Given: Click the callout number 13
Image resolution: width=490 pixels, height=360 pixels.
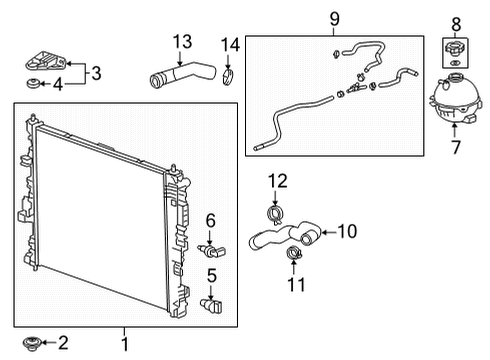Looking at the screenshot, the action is tap(182, 42).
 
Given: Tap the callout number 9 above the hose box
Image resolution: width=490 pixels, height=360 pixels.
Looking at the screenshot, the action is tap(334, 19).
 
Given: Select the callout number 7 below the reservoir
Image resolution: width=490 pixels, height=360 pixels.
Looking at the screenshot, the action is tap(456, 147).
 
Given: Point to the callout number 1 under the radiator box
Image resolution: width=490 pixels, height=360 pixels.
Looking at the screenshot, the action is tap(125, 344).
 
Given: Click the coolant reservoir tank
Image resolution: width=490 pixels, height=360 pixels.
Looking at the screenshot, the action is tap(455, 99).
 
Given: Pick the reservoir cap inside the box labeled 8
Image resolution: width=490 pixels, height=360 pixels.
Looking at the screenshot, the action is tap(454, 49).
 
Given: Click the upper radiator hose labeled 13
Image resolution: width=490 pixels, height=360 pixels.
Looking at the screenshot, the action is tap(183, 75).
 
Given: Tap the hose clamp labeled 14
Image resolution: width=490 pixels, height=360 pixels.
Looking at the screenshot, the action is tap(227, 77).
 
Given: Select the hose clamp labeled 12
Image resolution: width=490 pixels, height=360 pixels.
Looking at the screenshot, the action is tap(275, 215).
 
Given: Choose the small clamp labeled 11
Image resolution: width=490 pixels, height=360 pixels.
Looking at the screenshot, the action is tap(294, 253).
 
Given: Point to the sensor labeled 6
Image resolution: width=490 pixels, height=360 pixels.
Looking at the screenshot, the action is tap(211, 251).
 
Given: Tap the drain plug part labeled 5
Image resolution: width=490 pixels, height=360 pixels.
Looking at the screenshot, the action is tap(211, 305).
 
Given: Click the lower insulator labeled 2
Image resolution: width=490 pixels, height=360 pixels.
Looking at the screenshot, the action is tap(31, 343).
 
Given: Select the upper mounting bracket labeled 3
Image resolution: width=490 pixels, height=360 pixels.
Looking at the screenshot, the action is tap(46, 61).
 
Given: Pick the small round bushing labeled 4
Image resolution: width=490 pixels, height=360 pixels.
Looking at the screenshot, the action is tap(33, 83).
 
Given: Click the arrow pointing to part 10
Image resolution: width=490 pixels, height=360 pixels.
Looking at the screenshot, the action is tap(328, 232).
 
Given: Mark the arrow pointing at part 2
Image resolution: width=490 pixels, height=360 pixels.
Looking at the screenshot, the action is tap(48, 342).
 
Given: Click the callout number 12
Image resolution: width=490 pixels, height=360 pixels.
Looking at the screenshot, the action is tap(278, 181).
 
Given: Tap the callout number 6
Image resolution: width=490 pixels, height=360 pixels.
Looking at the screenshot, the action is tap(210, 221).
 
